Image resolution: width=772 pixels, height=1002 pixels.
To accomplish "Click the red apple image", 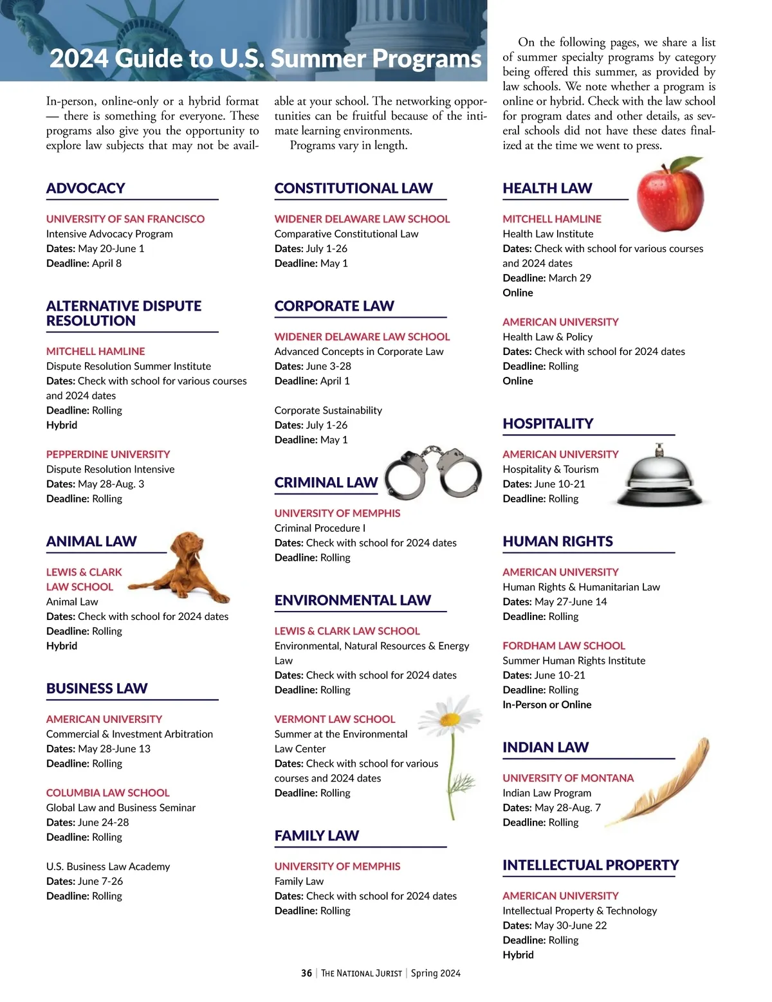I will [x=670, y=196].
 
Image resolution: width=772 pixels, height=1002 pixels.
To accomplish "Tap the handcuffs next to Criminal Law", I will [x=434, y=472].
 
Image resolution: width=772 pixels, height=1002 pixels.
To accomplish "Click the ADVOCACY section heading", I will [x=86, y=188].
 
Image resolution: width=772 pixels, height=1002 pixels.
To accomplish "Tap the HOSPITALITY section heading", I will [x=547, y=424].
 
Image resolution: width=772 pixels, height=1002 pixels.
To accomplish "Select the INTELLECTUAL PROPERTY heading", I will [x=591, y=865].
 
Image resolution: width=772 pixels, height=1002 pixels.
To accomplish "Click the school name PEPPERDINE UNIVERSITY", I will [x=108, y=454].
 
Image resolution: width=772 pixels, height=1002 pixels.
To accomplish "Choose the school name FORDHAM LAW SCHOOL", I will [x=564, y=646].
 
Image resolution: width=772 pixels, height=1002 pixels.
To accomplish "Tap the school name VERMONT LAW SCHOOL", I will [x=335, y=719].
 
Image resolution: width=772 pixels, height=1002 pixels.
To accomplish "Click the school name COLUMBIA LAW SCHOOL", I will [x=108, y=793].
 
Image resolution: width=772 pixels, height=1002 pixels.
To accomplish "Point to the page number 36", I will [x=306, y=973].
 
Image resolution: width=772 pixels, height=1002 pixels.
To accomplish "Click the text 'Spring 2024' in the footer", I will [x=436, y=973].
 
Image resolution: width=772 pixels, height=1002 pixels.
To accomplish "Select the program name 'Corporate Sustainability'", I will [x=328, y=410].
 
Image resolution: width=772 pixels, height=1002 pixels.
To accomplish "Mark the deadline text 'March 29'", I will [x=569, y=278].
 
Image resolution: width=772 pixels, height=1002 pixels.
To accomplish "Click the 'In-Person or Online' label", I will [x=547, y=704].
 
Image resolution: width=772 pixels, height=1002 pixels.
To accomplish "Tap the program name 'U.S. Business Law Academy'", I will [x=108, y=866].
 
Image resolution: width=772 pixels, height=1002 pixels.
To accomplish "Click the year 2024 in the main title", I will [x=79, y=59].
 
